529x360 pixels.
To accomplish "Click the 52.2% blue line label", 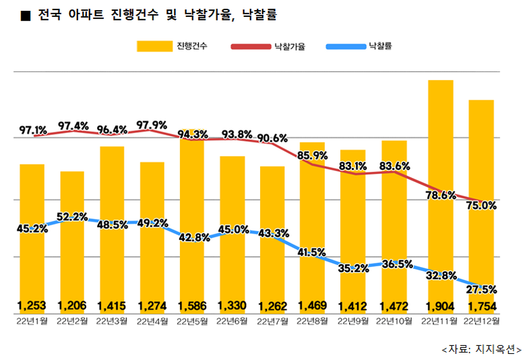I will click(x=72, y=217).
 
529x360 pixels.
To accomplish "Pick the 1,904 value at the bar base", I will click(x=440, y=305).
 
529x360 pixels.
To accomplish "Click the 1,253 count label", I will click(x=32, y=305).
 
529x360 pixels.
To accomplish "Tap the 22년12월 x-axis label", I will click(x=480, y=319).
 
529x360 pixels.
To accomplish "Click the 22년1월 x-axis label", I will click(x=32, y=319).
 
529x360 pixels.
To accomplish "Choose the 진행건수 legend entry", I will click(x=173, y=46).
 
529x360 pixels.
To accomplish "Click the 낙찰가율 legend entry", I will click(x=268, y=46).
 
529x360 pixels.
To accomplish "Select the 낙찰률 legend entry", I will click(x=361, y=46).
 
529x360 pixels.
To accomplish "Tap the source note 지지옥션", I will click(x=494, y=348).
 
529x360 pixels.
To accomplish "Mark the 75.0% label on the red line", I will click(x=481, y=205).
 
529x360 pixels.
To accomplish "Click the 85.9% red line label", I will click(x=312, y=155).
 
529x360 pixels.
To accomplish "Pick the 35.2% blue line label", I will click(x=353, y=268).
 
